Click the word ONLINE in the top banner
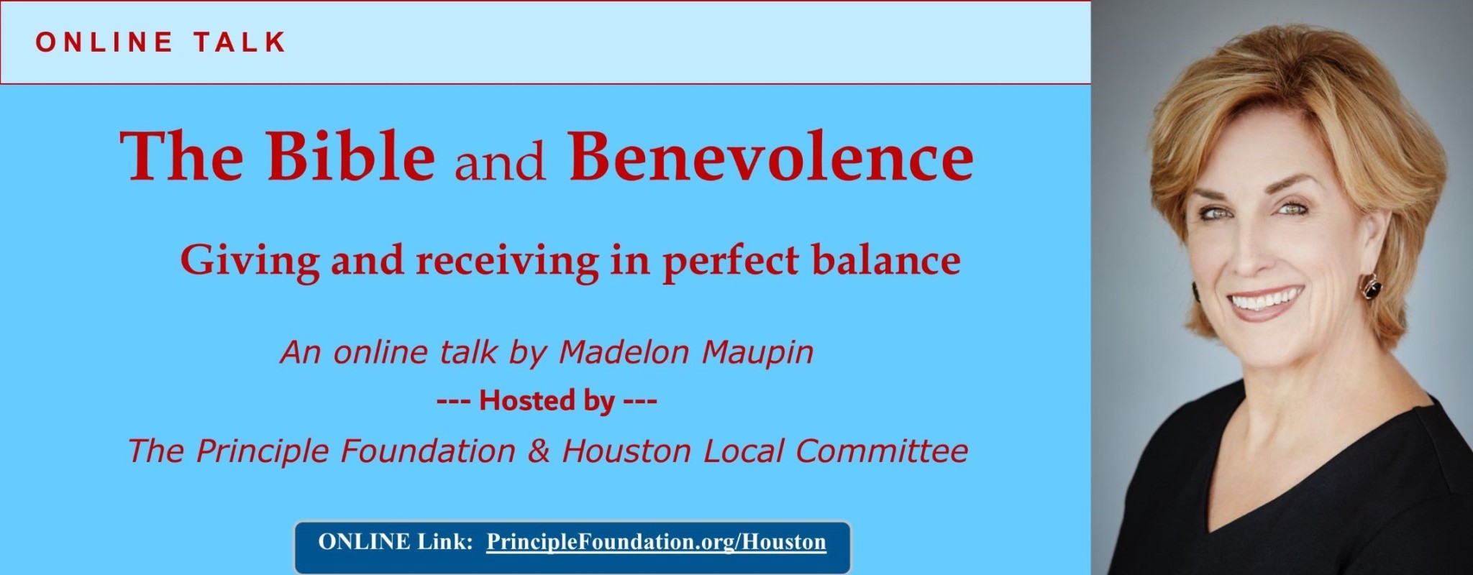pos(104,42)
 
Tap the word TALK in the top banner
pos(240,42)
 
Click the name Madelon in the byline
pos(615,352)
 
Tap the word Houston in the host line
pos(626,451)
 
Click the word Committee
pos(882,451)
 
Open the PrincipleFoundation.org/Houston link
pos(656,542)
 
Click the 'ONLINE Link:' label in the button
pos(395,541)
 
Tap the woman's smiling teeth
pos(1270,299)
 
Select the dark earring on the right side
pos(1372,290)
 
